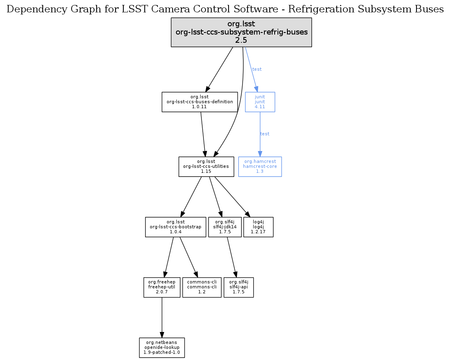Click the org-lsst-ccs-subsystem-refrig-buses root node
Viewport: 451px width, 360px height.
241,32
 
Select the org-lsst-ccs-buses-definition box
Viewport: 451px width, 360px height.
200,102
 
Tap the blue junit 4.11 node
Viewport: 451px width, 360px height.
260,102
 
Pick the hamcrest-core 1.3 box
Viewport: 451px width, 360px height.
260,167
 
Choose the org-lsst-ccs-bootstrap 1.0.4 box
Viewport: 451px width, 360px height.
176,227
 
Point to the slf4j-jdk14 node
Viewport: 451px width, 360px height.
225,227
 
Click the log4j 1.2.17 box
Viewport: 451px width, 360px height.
259,227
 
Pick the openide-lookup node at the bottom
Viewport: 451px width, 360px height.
162,348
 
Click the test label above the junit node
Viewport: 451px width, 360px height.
257,69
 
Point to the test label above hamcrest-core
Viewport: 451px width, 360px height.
265,134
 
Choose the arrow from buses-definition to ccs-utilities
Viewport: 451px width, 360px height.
203,134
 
